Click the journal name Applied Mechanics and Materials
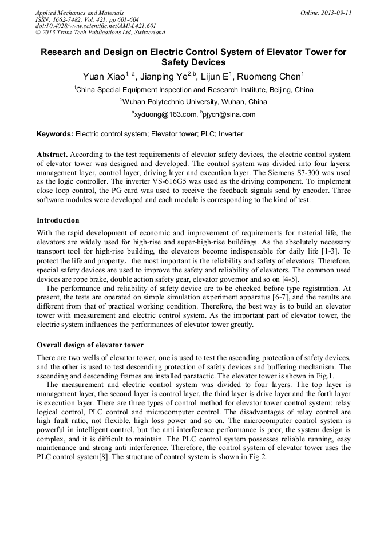click(79, 13)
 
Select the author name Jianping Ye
click(167, 76)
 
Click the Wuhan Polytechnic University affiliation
click(194, 102)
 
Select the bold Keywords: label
click(55, 134)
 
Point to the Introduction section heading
click(58, 220)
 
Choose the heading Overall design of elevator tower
click(90, 345)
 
